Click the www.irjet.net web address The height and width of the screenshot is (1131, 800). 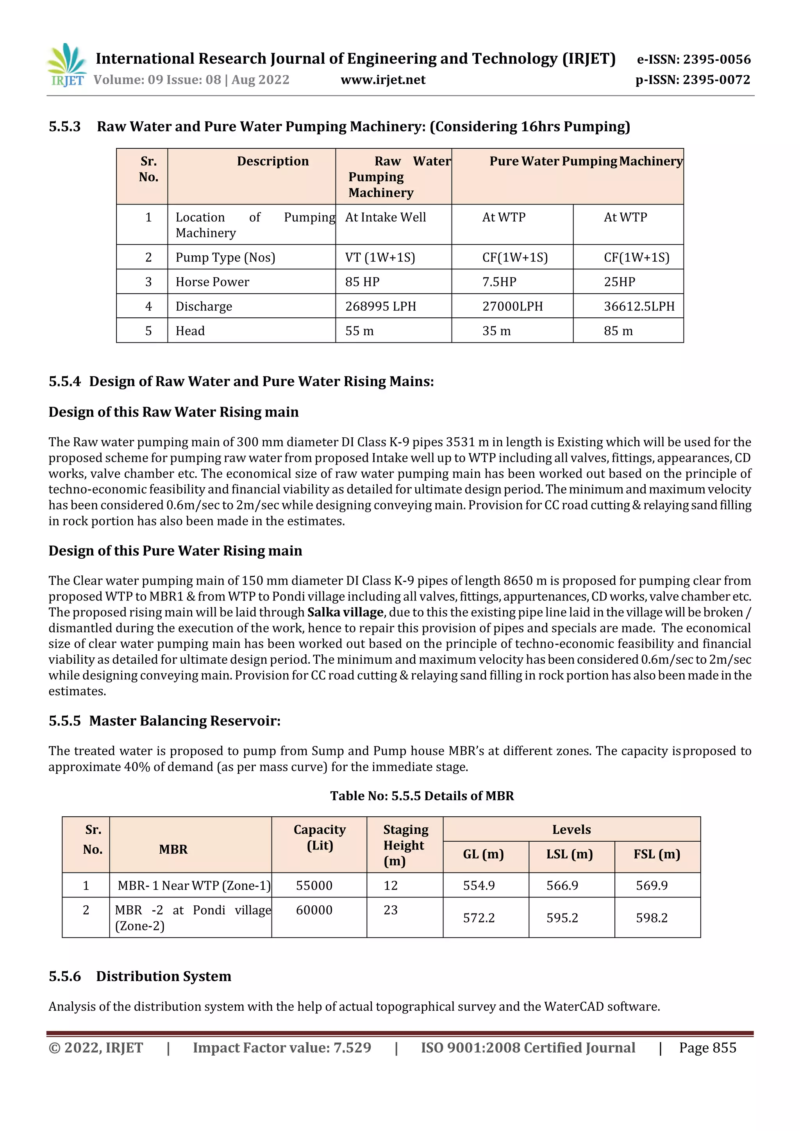383,80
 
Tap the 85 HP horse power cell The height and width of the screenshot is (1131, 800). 362,282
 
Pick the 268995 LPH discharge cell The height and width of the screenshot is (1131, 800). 380,306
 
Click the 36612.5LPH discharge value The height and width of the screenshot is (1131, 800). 639,306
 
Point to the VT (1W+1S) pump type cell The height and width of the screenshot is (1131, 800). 380,258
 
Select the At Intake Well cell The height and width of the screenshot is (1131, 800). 386,217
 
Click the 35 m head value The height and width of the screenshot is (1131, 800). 496,331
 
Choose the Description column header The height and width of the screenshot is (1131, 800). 273,162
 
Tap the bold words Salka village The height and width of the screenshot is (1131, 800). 345,612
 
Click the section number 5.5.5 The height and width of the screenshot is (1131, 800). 64,721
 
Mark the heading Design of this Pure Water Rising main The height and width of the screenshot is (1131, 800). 175,551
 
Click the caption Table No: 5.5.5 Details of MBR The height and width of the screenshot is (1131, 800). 422,796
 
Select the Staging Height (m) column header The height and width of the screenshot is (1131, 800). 405,845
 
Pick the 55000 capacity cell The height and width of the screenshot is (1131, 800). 314,886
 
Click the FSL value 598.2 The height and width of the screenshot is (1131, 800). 651,918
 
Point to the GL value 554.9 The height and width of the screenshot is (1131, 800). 479,886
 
